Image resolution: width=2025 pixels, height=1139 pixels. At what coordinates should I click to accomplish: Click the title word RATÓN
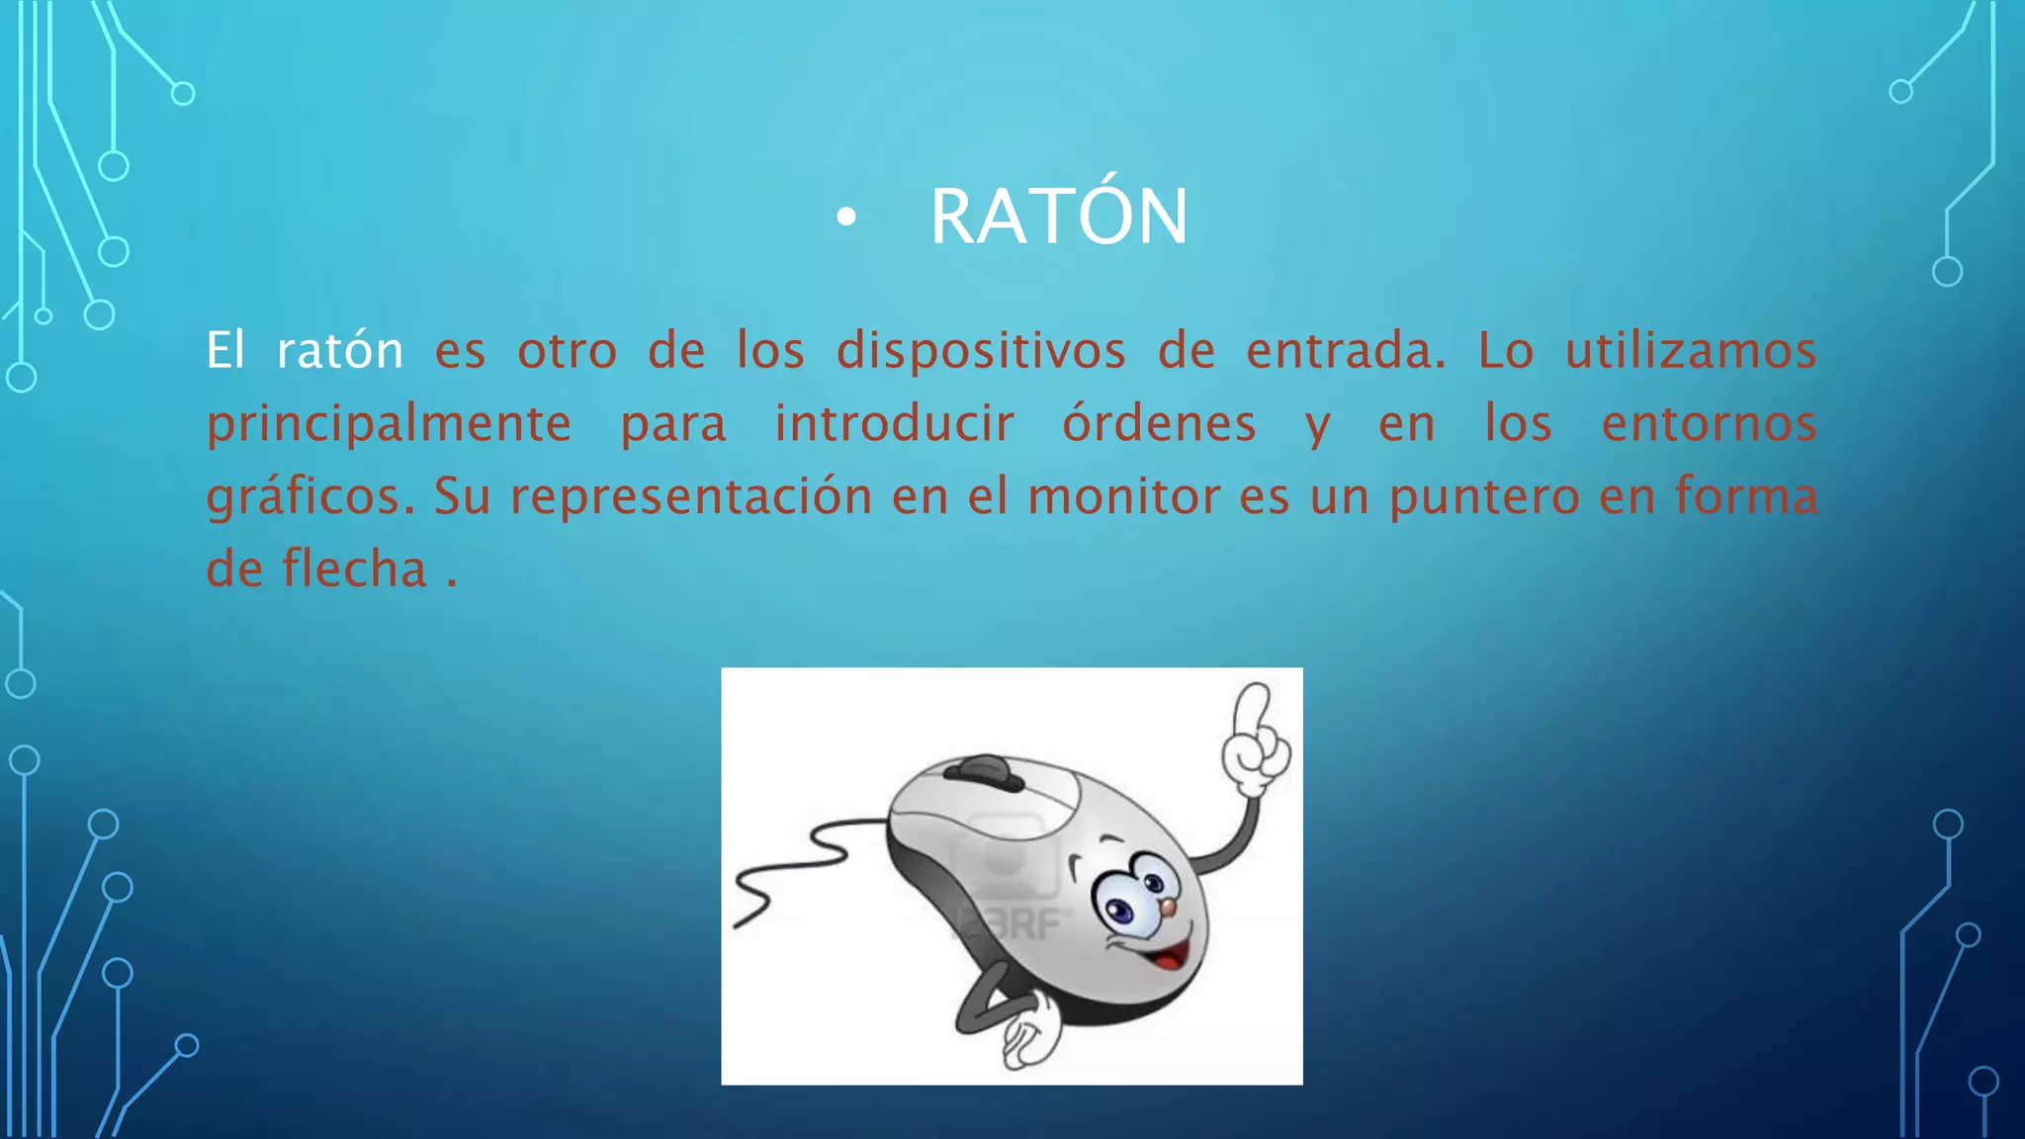pyautogui.click(x=1058, y=217)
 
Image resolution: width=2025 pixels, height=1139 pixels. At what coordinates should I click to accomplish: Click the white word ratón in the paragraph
pyautogui.click(x=339, y=351)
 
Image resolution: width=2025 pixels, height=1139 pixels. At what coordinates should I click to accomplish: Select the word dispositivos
pyautogui.click(x=981, y=351)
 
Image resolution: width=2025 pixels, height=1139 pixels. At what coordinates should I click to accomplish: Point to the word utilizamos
pyautogui.click(x=1691, y=351)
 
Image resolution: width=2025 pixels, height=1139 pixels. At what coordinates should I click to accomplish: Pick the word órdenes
pyautogui.click(x=1159, y=423)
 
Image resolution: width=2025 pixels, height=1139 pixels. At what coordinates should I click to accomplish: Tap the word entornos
pyautogui.click(x=1709, y=423)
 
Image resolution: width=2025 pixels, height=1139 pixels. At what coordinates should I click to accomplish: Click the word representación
pyautogui.click(x=691, y=496)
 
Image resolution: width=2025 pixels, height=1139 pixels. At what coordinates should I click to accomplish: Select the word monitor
pyautogui.click(x=1124, y=496)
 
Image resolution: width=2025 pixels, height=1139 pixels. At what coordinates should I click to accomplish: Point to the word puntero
pyautogui.click(x=1484, y=496)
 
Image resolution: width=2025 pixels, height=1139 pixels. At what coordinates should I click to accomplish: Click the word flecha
pyautogui.click(x=354, y=569)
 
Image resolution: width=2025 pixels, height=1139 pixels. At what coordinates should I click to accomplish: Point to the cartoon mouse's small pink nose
pyautogui.click(x=1168, y=908)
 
